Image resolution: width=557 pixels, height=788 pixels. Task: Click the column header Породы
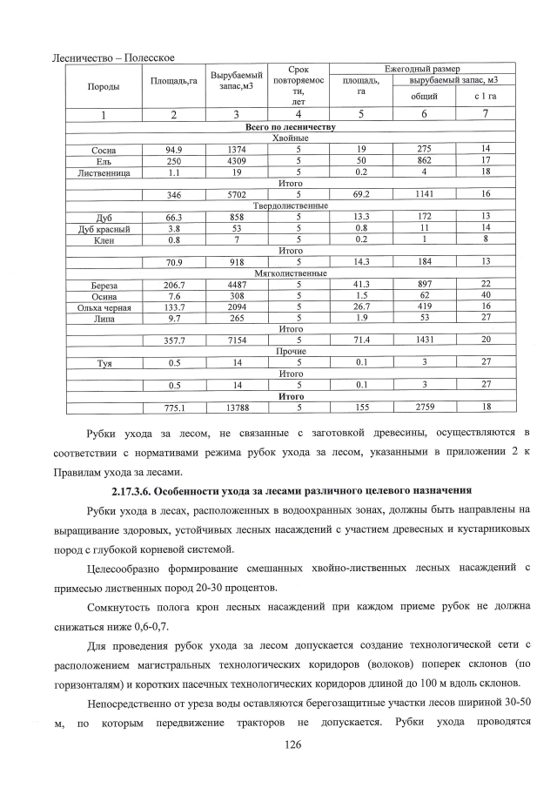(104, 87)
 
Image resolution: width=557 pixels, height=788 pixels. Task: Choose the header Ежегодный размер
(422, 68)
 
